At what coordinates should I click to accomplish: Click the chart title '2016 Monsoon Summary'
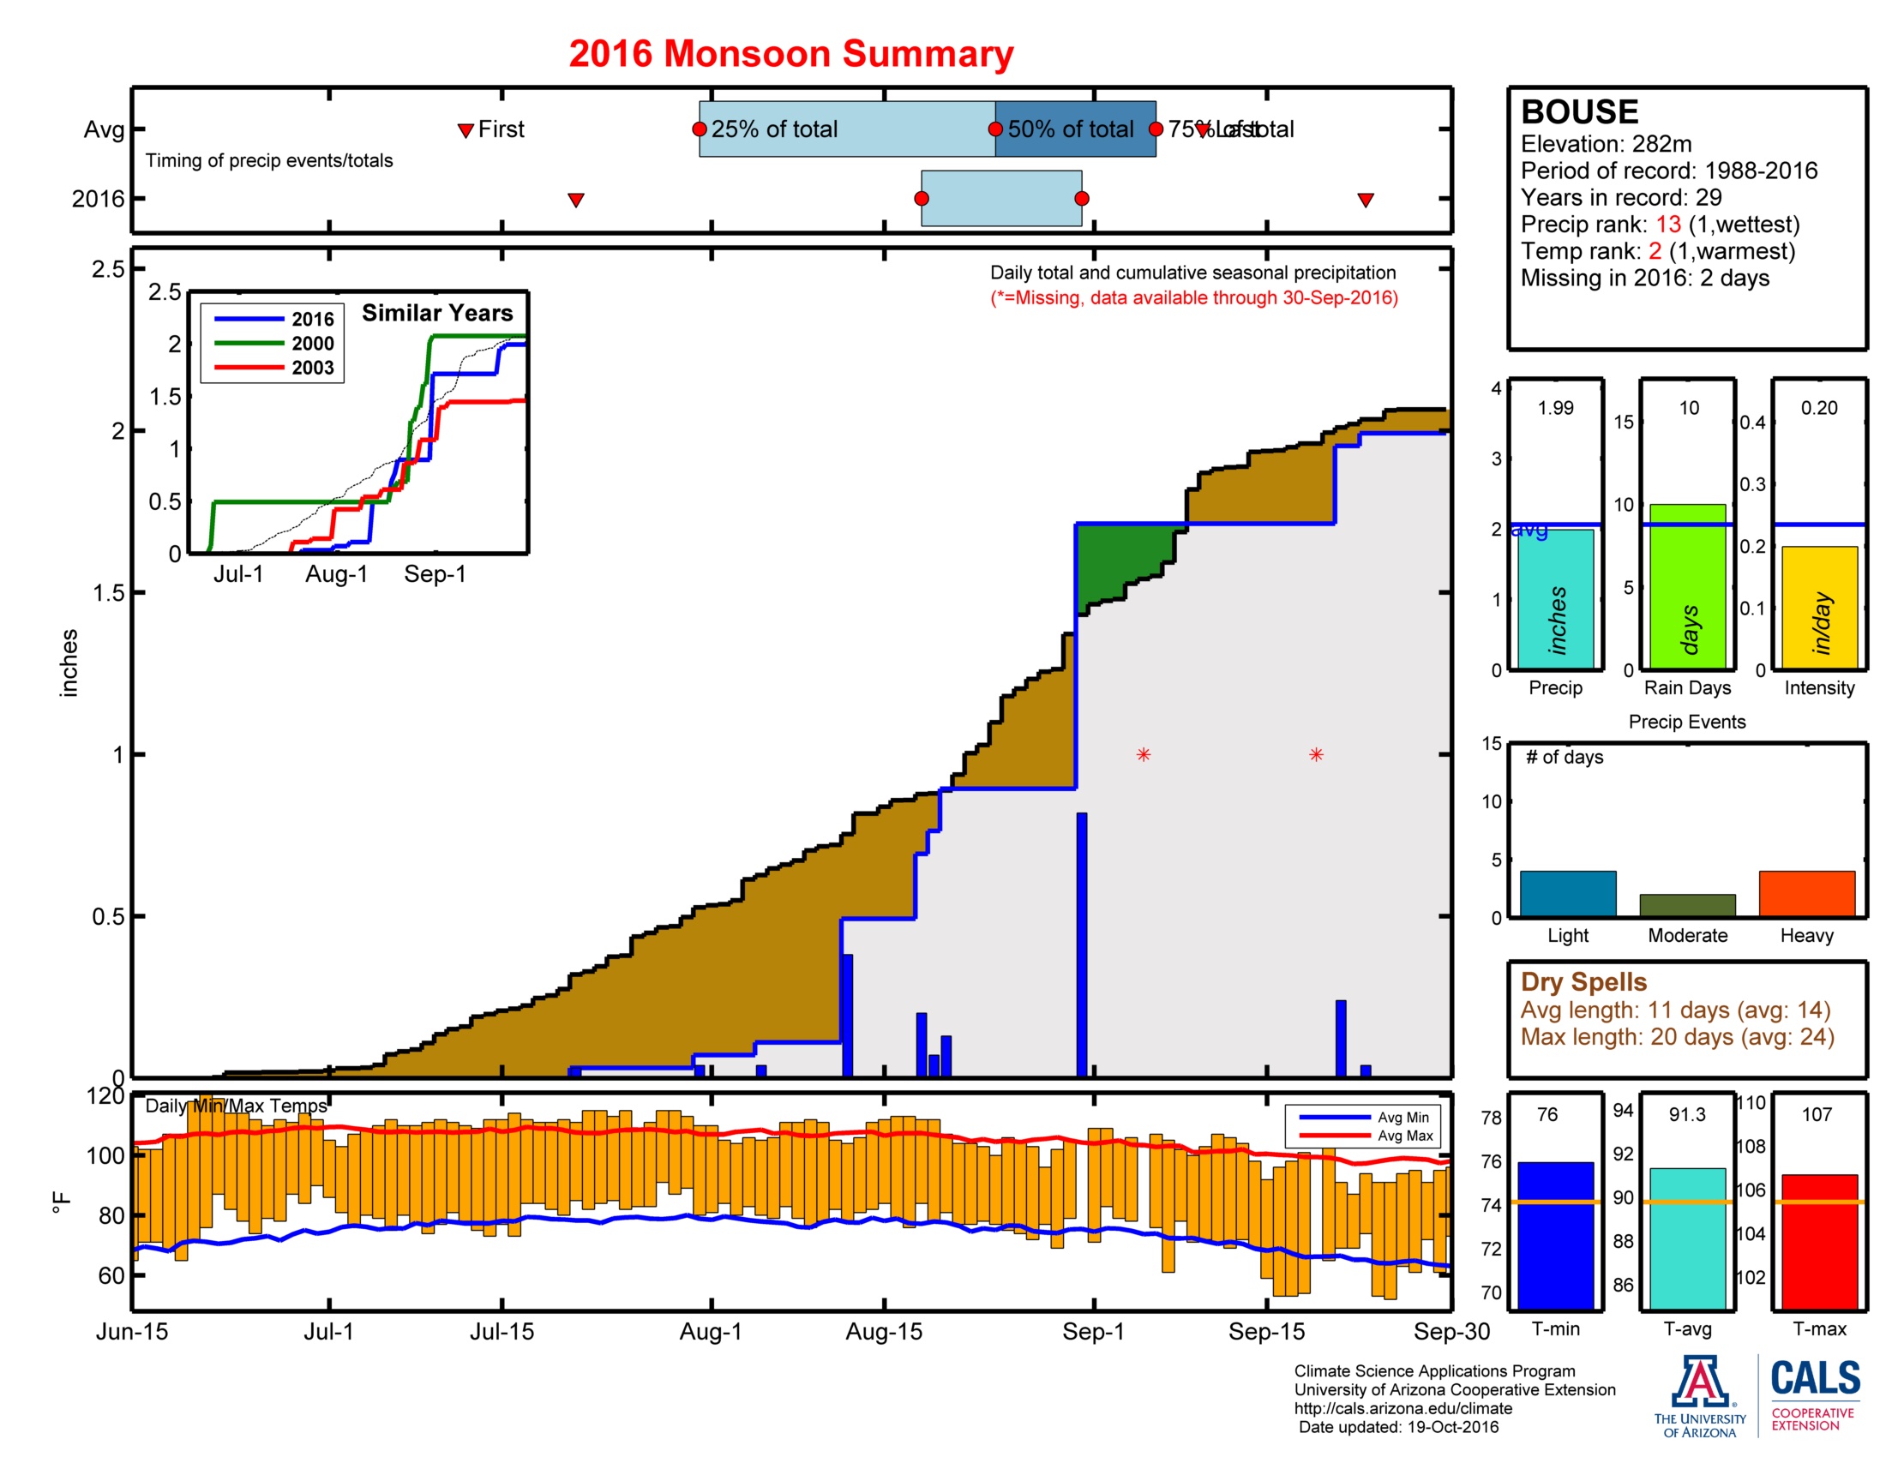click(x=790, y=53)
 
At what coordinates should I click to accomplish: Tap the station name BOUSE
click(x=1578, y=112)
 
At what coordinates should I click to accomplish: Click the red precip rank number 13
click(x=1667, y=225)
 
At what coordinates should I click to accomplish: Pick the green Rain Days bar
click(x=1686, y=586)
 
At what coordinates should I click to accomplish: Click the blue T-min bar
click(x=1555, y=1234)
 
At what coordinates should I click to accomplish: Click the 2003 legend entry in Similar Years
click(x=312, y=368)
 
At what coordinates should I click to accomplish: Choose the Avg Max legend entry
click(x=1404, y=1136)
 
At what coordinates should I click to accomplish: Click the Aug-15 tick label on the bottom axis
click(x=883, y=1331)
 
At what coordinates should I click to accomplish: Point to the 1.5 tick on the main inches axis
click(x=108, y=593)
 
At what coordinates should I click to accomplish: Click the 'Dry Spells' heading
click(x=1583, y=981)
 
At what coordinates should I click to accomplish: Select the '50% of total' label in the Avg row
click(x=1070, y=129)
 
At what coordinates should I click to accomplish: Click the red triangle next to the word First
click(x=465, y=130)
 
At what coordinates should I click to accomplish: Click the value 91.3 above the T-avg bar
click(x=1686, y=1114)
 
